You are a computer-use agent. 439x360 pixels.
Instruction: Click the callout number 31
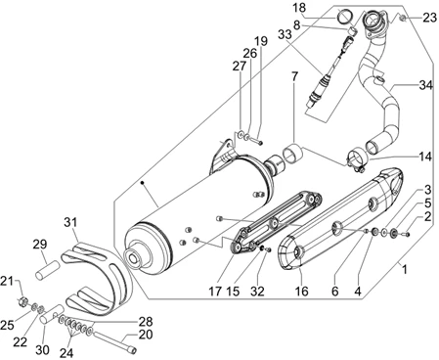pos(70,222)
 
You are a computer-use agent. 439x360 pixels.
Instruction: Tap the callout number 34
pos(425,85)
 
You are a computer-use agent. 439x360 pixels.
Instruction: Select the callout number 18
pos(299,7)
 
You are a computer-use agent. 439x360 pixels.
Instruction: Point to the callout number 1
pos(405,270)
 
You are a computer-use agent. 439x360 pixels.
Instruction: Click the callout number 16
pos(301,291)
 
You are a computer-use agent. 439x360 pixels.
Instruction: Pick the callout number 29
pos(40,244)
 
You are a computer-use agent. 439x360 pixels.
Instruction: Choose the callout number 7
pos(294,76)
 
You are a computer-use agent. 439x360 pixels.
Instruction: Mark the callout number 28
pos(146,322)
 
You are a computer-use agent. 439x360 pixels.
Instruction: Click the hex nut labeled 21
pos(22,301)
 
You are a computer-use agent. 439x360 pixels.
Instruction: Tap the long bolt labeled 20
pos(114,341)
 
